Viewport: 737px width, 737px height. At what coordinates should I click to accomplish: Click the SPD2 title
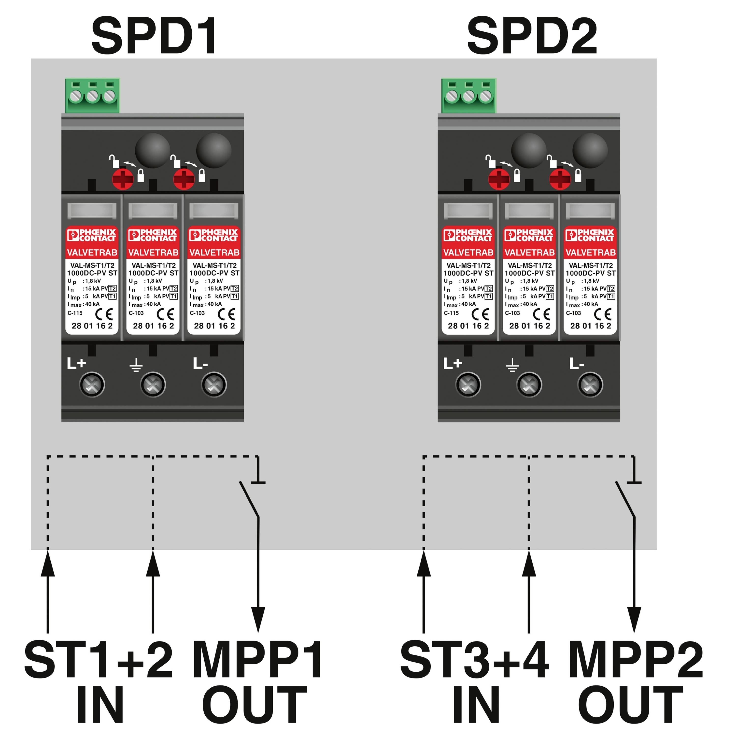(x=532, y=36)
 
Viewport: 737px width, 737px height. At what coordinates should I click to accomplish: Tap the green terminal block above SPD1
(x=92, y=95)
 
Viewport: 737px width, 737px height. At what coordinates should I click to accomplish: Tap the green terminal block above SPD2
(x=468, y=95)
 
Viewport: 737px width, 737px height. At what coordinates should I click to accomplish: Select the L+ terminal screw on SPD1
(x=92, y=384)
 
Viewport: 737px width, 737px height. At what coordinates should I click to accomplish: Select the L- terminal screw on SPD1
(x=214, y=384)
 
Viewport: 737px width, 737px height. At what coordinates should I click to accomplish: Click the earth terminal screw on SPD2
(x=529, y=384)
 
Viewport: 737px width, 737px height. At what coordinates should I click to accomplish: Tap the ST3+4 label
(x=474, y=660)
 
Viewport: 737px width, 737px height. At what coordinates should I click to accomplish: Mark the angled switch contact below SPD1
(x=249, y=500)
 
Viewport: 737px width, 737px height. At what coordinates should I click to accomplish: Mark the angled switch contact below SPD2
(x=625, y=500)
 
